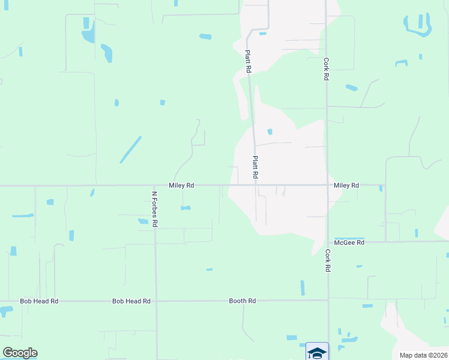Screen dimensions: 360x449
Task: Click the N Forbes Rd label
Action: coord(154,209)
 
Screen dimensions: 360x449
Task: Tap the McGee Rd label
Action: coord(350,242)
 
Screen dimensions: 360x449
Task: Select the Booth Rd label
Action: coord(243,301)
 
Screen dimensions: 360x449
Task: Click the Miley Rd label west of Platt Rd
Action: coord(181,185)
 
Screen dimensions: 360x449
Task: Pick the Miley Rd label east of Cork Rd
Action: coord(346,185)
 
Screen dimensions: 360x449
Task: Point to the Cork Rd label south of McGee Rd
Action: coord(328,261)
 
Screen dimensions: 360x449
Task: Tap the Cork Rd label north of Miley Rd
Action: coord(326,69)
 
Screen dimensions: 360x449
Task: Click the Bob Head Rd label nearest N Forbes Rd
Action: coord(131,301)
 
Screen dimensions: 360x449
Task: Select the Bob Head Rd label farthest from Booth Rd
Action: coord(39,301)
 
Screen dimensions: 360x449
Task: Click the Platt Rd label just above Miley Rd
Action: coord(255,167)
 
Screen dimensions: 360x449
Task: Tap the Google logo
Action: coord(20,353)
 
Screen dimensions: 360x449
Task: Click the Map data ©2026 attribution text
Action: coord(423,355)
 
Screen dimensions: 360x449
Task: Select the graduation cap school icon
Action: coord(317,352)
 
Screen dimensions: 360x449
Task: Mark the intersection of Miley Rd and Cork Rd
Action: coord(327,185)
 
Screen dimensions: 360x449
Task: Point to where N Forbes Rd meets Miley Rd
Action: coord(155,185)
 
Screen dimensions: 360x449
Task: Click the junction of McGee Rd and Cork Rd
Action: coord(328,242)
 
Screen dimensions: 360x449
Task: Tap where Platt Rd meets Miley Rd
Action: coord(256,185)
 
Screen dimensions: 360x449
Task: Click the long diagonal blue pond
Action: coord(130,149)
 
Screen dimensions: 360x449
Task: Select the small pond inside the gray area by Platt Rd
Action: coord(270,132)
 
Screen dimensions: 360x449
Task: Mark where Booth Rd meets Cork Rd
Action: coord(328,299)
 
